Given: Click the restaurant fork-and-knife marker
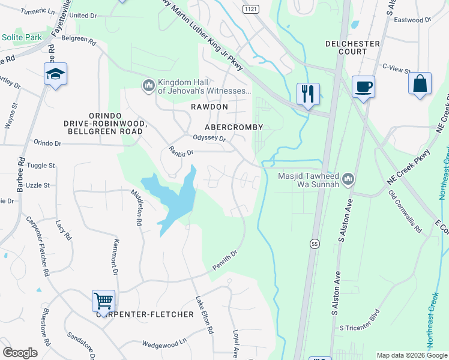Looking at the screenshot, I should pyautogui.click(x=309, y=94).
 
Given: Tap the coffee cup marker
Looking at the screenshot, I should pyautogui.click(x=363, y=86).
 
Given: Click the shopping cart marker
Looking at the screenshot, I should pyautogui.click(x=103, y=301).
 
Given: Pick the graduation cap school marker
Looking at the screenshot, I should pyautogui.click(x=56, y=74).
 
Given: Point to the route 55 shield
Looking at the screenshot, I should pyautogui.click(x=314, y=244).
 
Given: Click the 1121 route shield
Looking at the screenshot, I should pyautogui.click(x=251, y=10).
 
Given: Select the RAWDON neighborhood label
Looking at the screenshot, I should pyautogui.click(x=209, y=107).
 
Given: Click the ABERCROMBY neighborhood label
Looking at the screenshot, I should pyautogui.click(x=234, y=127).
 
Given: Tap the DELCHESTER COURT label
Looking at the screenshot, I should pyautogui.click(x=352, y=48).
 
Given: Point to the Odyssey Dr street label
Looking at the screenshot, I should pyautogui.click(x=208, y=138).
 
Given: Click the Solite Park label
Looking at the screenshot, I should pyautogui.click(x=22, y=37).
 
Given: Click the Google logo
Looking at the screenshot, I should pyautogui.click(x=20, y=353).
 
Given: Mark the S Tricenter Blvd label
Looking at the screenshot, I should pyautogui.click(x=360, y=322).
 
